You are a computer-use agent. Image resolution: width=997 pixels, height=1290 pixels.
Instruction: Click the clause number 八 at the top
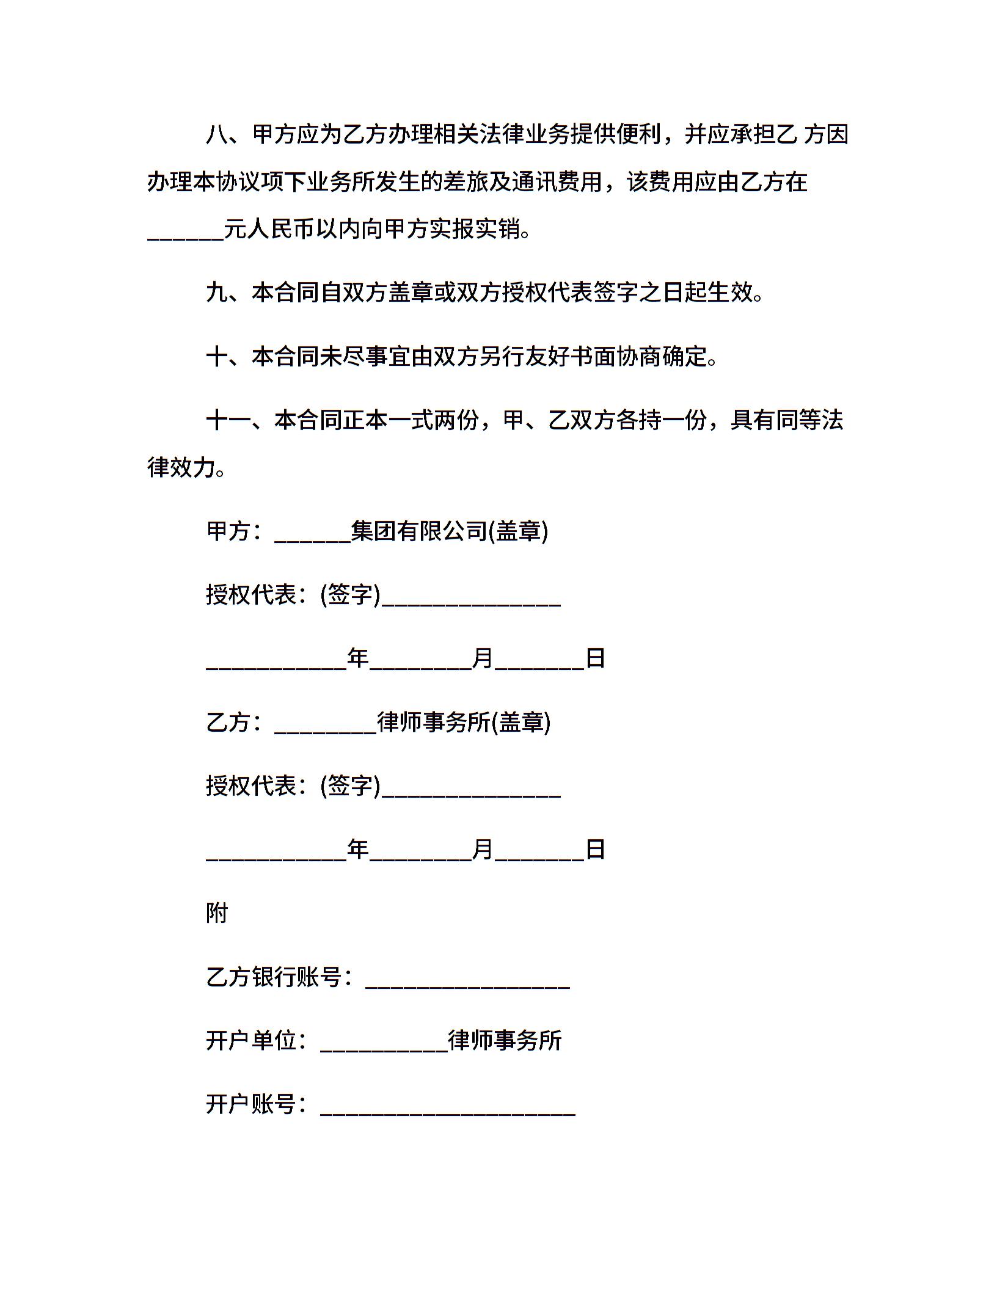pyautogui.click(x=217, y=134)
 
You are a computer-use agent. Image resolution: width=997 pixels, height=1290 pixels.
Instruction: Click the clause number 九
pyautogui.click(x=217, y=293)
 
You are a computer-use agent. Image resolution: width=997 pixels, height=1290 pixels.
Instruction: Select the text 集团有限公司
pyautogui.click(x=419, y=531)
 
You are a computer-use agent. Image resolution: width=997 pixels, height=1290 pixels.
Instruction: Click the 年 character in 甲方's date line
pyautogui.click(x=359, y=658)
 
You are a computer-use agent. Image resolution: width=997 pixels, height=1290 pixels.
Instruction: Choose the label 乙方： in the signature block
pyautogui.click(x=235, y=723)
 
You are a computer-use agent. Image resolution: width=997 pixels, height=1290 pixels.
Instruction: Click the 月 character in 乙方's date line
pyautogui.click(x=483, y=850)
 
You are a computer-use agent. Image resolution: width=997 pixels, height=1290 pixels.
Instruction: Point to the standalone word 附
pyautogui.click(x=217, y=914)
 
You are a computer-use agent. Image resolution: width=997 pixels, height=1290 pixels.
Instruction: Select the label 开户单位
pyautogui.click(x=250, y=1041)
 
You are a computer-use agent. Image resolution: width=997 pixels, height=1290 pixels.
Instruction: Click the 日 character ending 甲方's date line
pyautogui.click(x=595, y=658)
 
